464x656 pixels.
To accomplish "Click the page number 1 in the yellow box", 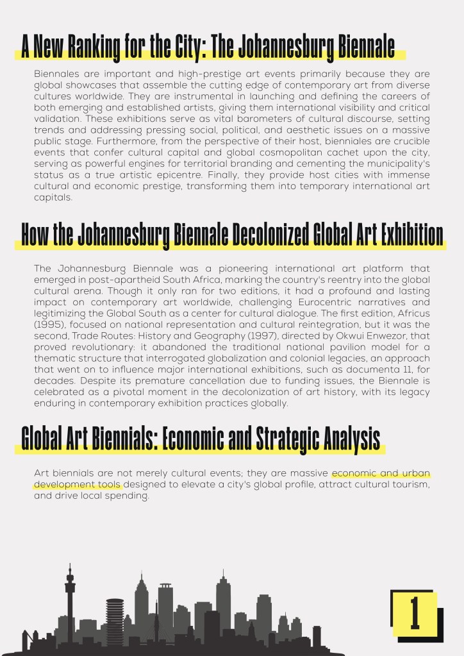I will click(414, 612).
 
